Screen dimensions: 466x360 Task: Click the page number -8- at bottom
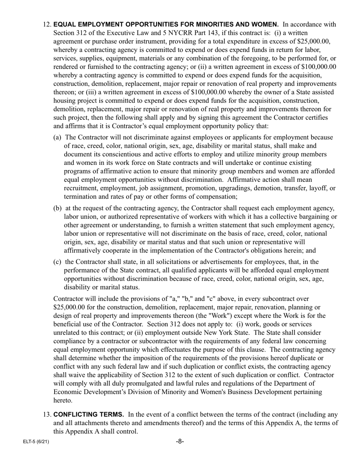click(180, 441)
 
